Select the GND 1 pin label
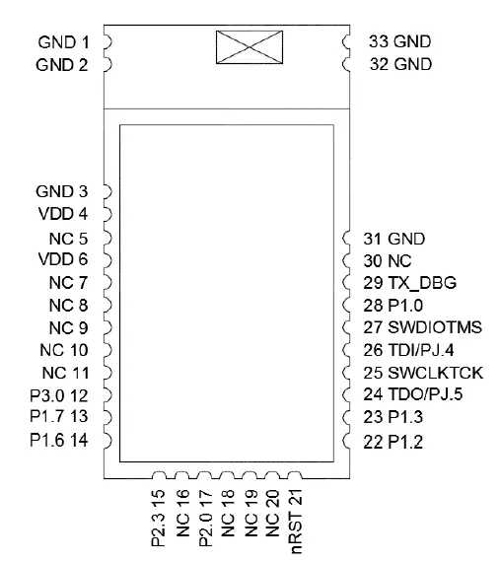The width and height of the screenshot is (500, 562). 62,43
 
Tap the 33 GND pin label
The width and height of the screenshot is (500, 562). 398,42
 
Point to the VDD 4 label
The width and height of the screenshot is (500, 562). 62,213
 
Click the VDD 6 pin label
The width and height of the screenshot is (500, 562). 62,259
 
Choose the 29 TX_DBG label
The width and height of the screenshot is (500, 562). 408,282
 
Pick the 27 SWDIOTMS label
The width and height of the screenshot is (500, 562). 420,327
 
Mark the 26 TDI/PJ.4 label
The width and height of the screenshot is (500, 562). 415,350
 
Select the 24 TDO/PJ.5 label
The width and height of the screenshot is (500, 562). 417,395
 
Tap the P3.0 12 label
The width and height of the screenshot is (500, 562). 59,394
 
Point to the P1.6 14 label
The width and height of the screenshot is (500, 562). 59,440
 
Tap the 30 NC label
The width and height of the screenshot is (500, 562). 387,260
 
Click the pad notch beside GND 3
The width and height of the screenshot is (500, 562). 107,190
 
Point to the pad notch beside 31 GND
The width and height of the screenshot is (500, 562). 347,238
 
